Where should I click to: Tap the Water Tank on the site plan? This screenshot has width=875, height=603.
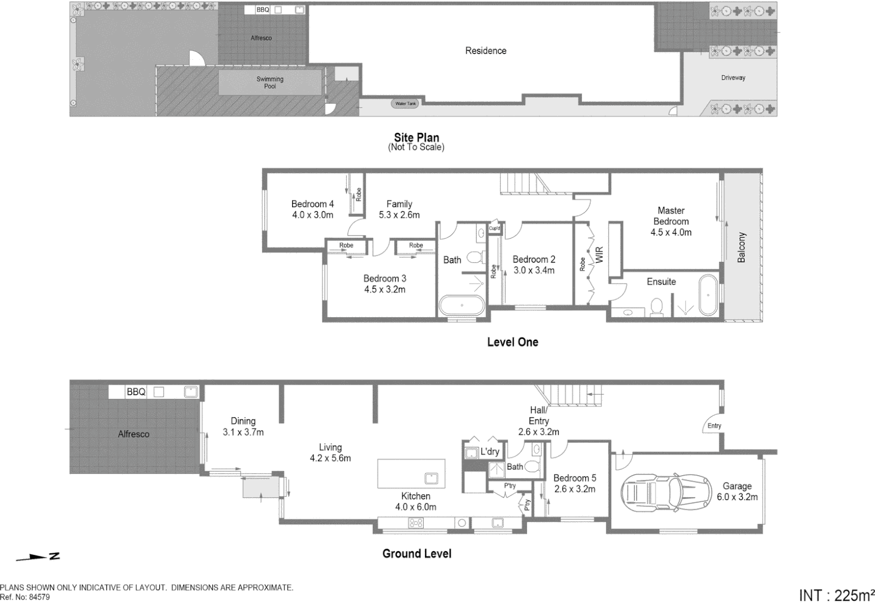tap(406, 104)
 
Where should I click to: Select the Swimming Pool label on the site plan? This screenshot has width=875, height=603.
tap(270, 83)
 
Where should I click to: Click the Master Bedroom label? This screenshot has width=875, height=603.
tap(671, 216)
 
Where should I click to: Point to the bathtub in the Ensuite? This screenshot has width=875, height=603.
tap(707, 295)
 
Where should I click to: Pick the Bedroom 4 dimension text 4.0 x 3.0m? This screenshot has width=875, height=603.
tap(313, 215)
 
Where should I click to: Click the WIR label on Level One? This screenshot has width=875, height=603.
tap(600, 256)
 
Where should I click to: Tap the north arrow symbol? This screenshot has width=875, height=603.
tap(38, 557)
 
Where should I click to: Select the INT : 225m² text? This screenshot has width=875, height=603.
tap(836, 595)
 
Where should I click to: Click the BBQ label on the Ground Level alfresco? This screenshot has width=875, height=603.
tap(136, 392)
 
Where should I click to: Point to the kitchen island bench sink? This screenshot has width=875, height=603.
tap(431, 478)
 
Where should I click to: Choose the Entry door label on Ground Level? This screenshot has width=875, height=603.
tap(714, 425)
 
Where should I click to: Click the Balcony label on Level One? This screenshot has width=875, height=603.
tap(742, 247)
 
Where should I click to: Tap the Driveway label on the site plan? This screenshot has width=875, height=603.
tap(733, 78)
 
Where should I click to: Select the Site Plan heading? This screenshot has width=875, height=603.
tap(417, 137)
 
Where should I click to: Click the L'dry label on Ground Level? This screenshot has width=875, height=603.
tap(490, 452)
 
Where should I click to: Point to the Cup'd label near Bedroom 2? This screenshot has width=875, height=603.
tap(494, 228)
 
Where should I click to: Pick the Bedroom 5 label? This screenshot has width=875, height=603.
tap(575, 478)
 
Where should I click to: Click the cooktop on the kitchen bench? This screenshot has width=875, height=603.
tap(416, 523)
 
